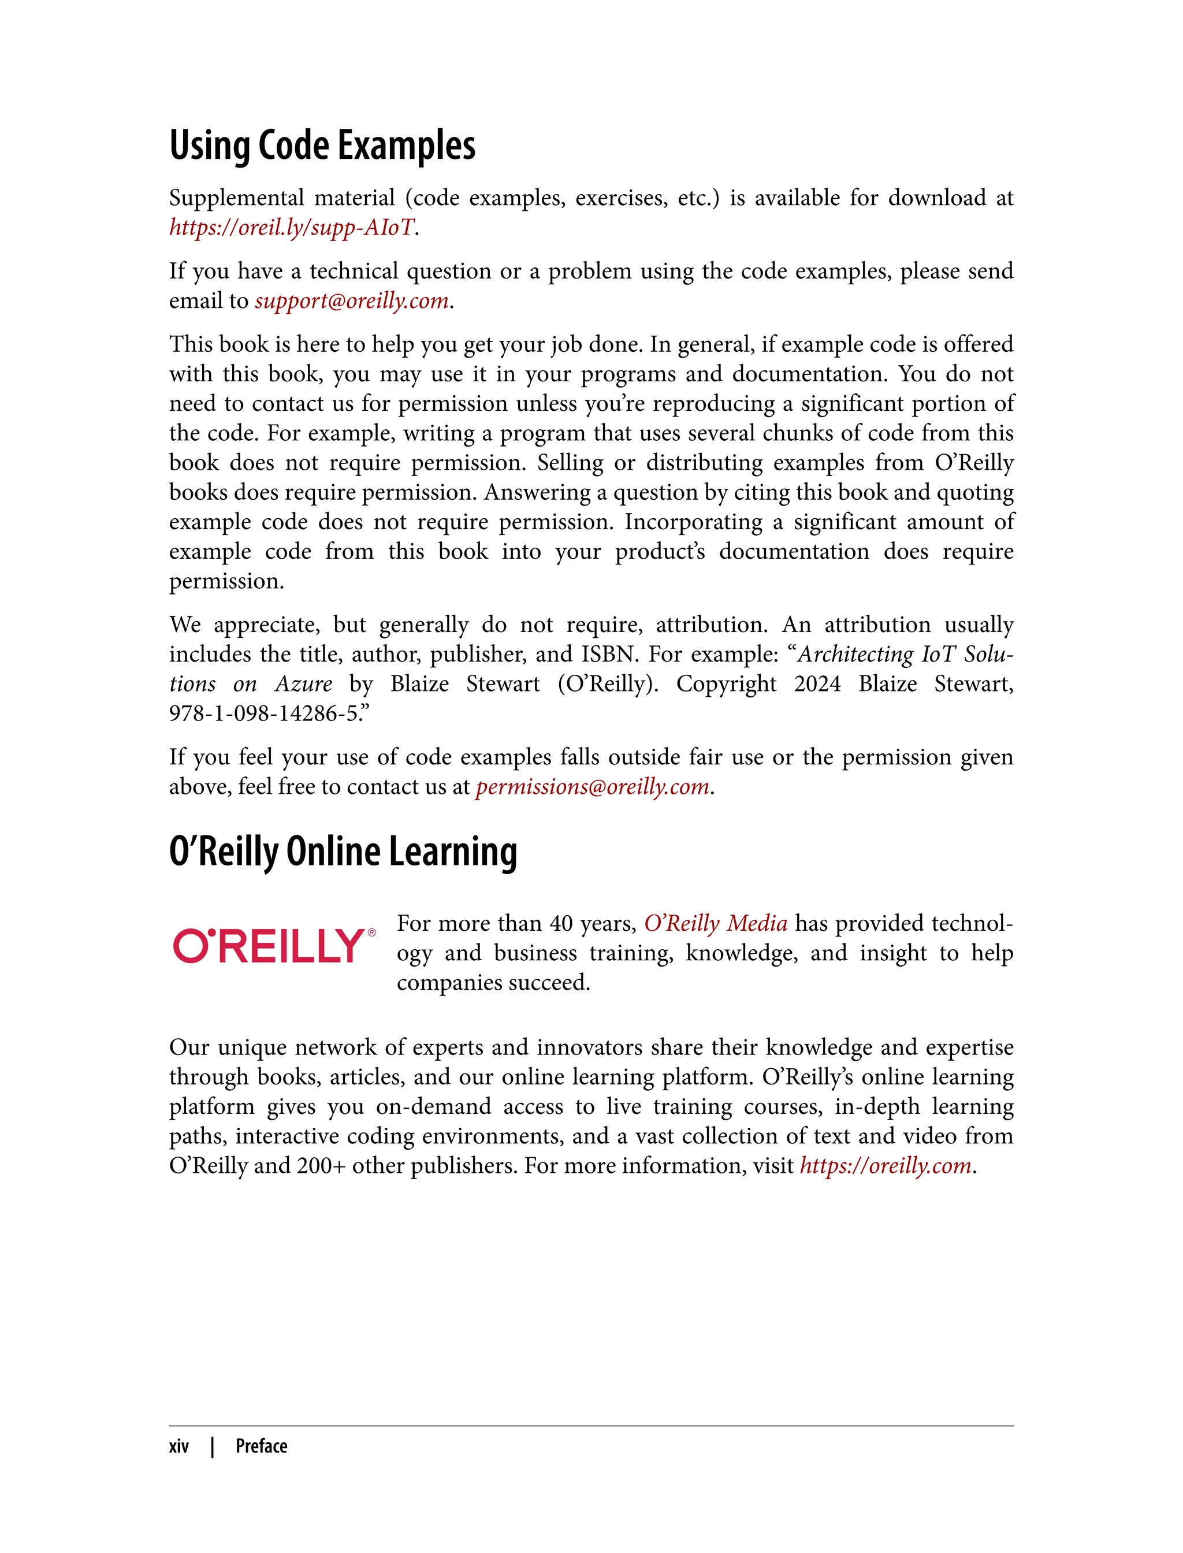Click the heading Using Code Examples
322,146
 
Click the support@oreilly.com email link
351,301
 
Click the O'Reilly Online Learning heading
343,852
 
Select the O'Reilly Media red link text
716,923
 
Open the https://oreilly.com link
885,1166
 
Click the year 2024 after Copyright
817,684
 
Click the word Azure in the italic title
303,684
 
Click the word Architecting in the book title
855,654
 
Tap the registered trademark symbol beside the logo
372,932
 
